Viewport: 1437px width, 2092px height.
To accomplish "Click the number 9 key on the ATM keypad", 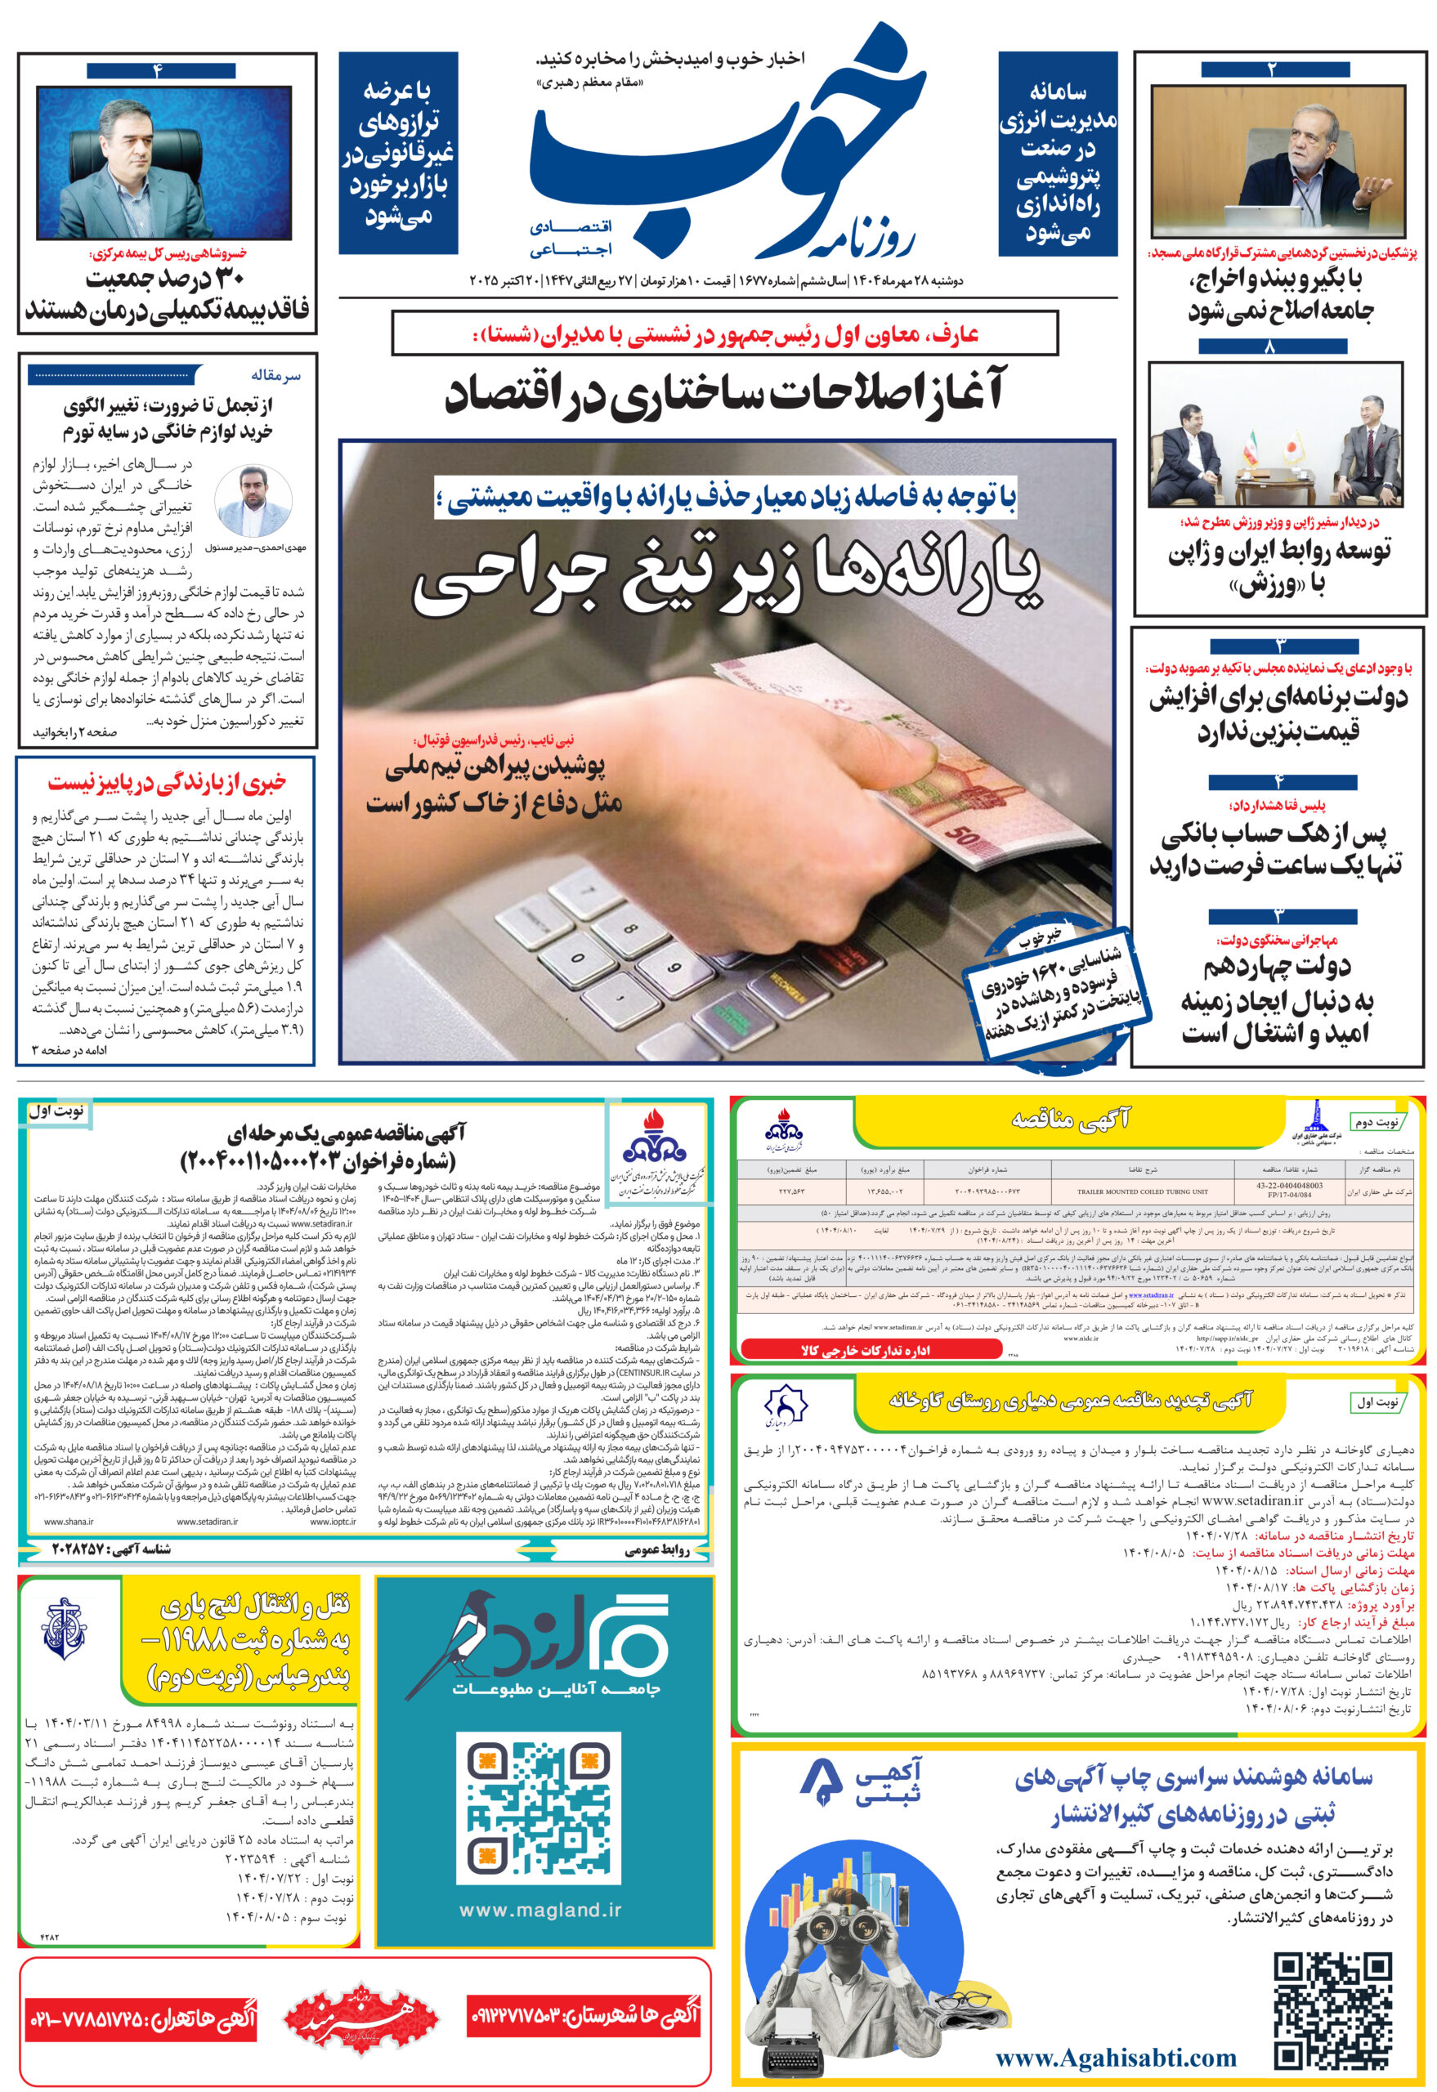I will point(673,967).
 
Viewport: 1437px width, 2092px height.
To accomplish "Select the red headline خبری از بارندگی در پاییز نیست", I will point(168,783).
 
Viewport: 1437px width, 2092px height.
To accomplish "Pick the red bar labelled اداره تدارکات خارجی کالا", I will point(870,1350).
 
